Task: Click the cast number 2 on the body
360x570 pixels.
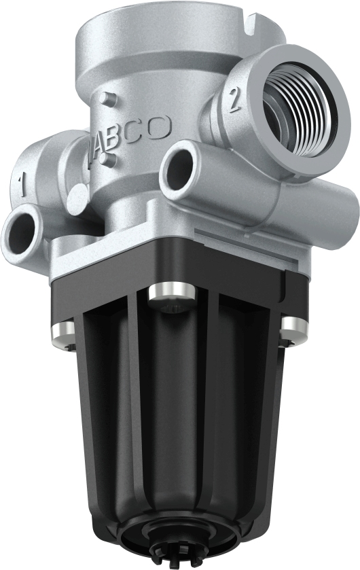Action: click(235, 101)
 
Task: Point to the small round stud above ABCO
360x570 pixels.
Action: click(103, 99)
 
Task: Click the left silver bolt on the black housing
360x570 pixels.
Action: click(63, 332)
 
